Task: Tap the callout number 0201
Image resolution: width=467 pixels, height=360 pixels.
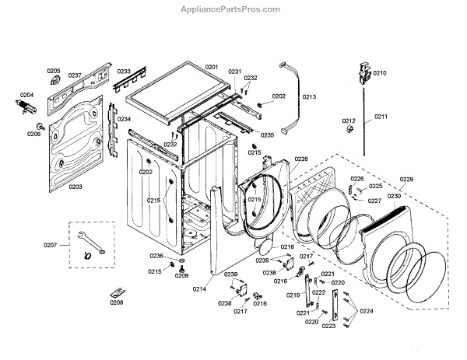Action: click(212, 68)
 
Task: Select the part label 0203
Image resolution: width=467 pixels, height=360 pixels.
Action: click(75, 187)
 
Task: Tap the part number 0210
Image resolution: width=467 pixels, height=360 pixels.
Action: click(379, 72)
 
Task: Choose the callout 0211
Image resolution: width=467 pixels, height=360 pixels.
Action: click(381, 116)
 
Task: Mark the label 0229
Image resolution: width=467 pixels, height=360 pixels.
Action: click(406, 180)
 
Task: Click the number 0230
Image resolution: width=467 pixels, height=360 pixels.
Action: click(395, 195)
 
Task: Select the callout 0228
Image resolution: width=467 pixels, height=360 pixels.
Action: click(301, 159)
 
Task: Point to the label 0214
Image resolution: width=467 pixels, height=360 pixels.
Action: click(200, 288)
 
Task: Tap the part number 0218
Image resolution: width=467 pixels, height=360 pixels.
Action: click(287, 246)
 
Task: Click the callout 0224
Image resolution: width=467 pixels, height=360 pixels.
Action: click(367, 311)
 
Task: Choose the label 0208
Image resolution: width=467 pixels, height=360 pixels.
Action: click(116, 302)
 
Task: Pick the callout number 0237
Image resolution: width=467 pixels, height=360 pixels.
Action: click(75, 75)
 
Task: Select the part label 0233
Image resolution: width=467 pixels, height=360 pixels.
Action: click(124, 72)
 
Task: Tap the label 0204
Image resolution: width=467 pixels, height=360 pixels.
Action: click(26, 95)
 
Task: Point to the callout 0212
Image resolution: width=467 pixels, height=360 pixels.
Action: click(349, 121)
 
